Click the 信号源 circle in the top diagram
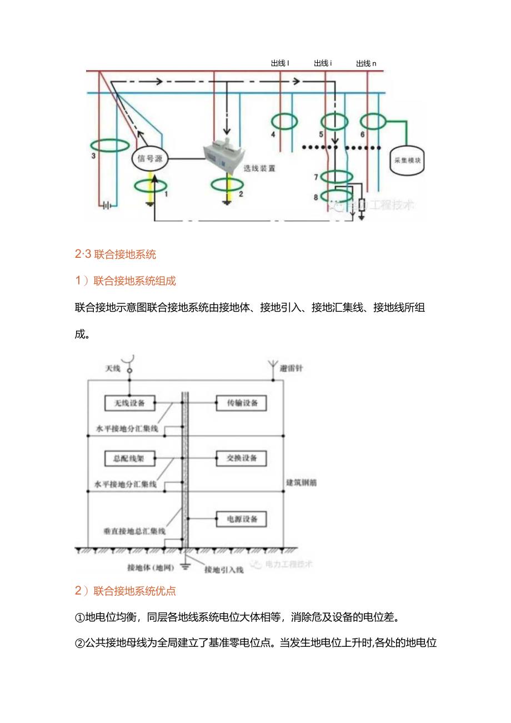pos(149,158)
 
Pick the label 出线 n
pos(366,63)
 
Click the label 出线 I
pos(280,63)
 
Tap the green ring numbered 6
pos(373,121)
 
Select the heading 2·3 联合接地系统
pos(116,255)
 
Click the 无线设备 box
pos(129,403)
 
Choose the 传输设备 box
pos(241,403)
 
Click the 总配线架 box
pos(129,458)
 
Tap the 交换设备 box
pos(241,458)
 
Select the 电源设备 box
pos(241,519)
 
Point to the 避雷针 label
pos(291,368)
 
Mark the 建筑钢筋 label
pos(302,482)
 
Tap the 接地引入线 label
pos(224,570)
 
